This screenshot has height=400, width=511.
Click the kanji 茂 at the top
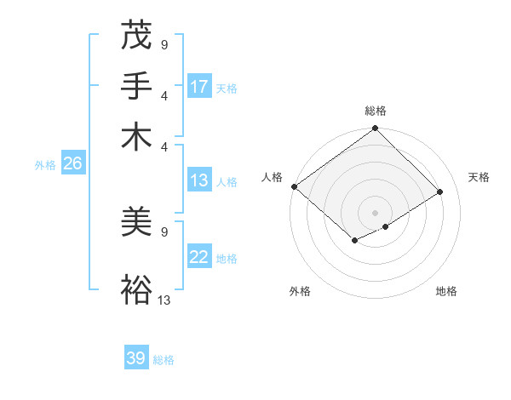tap(137, 37)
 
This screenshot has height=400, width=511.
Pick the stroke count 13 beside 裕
tap(164, 299)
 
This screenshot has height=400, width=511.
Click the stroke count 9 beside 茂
tap(164, 44)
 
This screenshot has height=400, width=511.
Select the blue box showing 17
tap(199, 87)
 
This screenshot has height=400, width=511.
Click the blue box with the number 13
tap(199, 180)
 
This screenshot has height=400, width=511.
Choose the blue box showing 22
tap(199, 257)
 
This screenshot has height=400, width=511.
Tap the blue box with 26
tap(72, 164)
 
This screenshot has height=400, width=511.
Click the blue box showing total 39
tap(136, 358)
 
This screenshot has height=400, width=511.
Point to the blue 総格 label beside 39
tap(164, 360)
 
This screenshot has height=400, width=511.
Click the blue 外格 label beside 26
tap(44, 165)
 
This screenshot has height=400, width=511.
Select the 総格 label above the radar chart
tap(375, 111)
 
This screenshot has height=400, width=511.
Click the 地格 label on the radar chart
tap(446, 292)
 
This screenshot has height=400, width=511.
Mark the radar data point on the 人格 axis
tap(294, 186)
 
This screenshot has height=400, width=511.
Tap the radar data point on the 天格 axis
tap(440, 192)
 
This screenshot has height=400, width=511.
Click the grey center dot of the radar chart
tap(375, 213)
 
